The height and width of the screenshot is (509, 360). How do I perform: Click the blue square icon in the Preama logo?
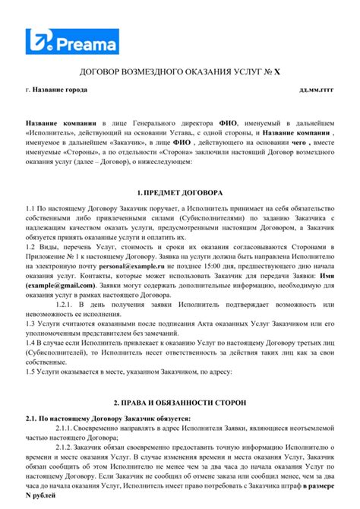coord(36,42)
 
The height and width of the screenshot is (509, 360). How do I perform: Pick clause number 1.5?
coord(31,373)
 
